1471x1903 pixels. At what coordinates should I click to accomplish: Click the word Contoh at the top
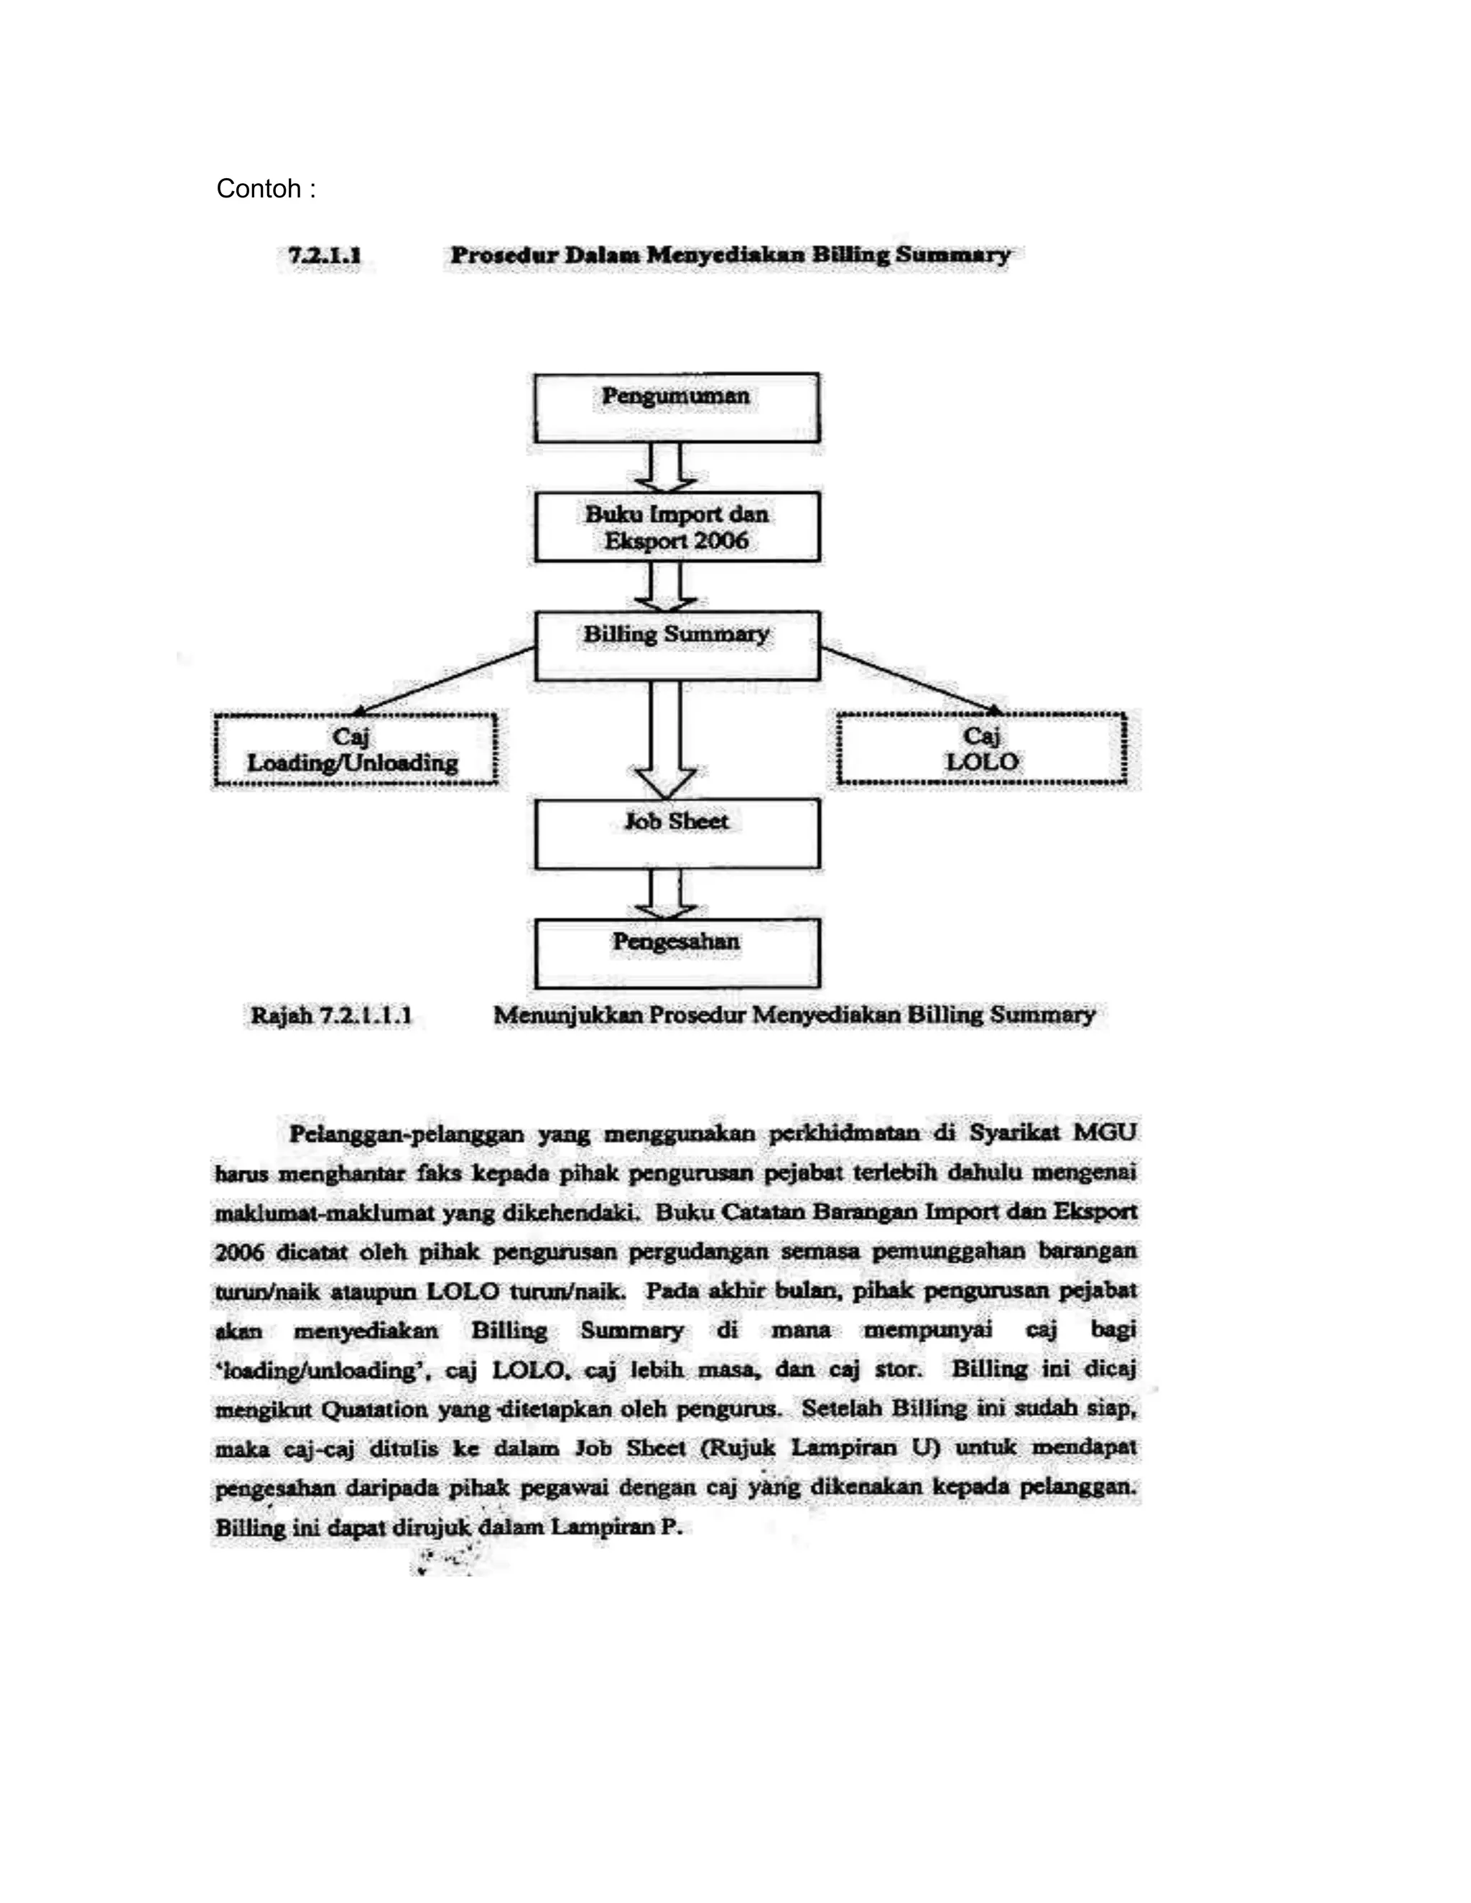click(x=258, y=188)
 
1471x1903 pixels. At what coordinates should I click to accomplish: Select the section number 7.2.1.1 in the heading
click(x=324, y=256)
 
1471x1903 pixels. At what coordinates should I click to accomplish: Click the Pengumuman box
click(x=676, y=408)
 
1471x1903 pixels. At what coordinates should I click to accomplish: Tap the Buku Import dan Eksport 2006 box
click(x=676, y=526)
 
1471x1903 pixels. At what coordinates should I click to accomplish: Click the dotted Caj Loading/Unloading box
click(x=355, y=749)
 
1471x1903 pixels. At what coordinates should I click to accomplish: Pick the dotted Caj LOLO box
click(x=981, y=749)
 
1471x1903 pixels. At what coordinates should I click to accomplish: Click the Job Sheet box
click(x=676, y=834)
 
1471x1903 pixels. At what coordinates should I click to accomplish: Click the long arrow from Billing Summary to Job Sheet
click(x=665, y=736)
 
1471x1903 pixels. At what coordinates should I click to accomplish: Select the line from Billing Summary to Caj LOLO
click(x=911, y=679)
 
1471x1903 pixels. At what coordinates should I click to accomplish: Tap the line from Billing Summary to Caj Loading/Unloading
click(x=445, y=679)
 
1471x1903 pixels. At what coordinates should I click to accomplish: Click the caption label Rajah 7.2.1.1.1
click(x=330, y=1016)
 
